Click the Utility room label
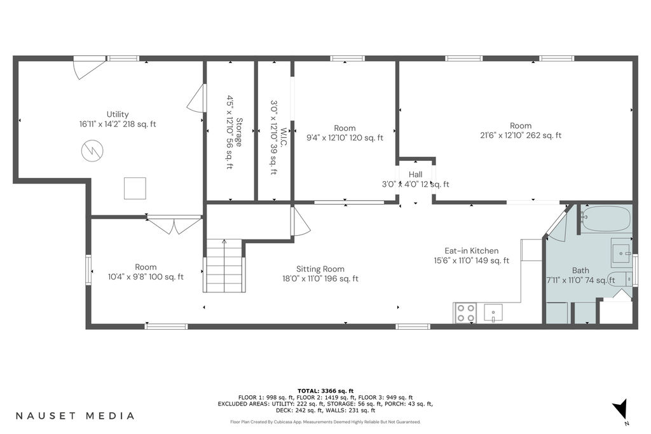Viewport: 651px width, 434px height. tap(118, 114)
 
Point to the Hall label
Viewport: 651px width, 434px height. tap(415, 175)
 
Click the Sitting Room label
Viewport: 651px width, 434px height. tap(320, 269)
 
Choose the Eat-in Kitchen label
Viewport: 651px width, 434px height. tap(471, 250)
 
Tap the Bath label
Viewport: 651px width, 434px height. tap(580, 271)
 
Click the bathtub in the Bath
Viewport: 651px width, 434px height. tap(606, 219)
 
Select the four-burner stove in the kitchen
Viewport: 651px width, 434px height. tap(465, 313)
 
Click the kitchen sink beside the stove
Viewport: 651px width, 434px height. tap(493, 313)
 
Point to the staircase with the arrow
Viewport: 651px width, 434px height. tap(224, 266)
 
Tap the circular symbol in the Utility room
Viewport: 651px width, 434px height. tap(92, 151)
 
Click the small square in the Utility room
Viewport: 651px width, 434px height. tap(135, 188)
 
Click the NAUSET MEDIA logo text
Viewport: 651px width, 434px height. tap(75, 416)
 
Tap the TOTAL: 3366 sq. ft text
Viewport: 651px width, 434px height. tap(325, 391)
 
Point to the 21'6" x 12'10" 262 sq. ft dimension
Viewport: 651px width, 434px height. tap(521, 135)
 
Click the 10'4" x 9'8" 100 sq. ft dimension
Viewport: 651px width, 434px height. tap(146, 277)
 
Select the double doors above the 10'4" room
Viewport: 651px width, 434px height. tap(175, 224)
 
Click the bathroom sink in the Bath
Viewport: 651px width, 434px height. tap(621, 252)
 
